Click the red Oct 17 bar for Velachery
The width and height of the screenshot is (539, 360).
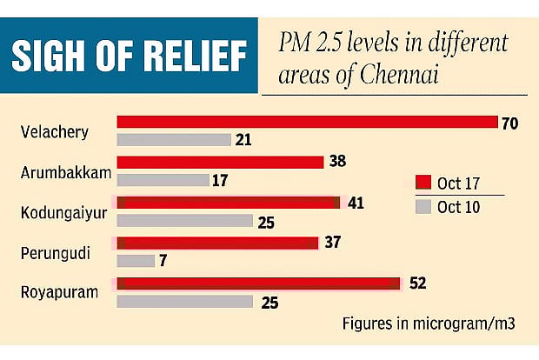[306, 122]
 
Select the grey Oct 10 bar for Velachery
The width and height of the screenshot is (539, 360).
[174, 139]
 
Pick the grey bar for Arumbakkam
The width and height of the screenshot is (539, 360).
[163, 180]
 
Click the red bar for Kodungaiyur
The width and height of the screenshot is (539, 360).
[228, 203]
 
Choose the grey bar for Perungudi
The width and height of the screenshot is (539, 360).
[136, 260]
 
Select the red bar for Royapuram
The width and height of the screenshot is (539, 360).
[258, 283]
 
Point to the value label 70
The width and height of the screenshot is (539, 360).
[509, 123]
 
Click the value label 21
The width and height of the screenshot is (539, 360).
[244, 140]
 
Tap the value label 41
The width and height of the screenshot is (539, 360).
[355, 203]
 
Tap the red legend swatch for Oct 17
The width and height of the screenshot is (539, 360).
[423, 183]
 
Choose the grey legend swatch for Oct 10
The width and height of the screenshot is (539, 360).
[423, 207]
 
